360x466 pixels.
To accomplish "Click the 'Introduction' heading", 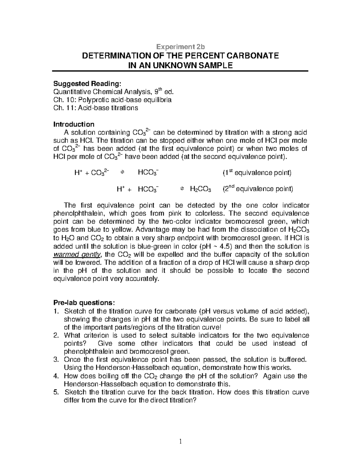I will pyautogui.click(x=74, y=124).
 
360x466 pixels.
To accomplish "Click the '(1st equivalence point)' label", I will pyautogui.click(x=256, y=173).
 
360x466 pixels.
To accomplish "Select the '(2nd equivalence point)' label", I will pyautogui.click(x=257, y=189).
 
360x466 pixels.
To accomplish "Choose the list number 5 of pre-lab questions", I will pyautogui.click(x=56, y=392).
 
